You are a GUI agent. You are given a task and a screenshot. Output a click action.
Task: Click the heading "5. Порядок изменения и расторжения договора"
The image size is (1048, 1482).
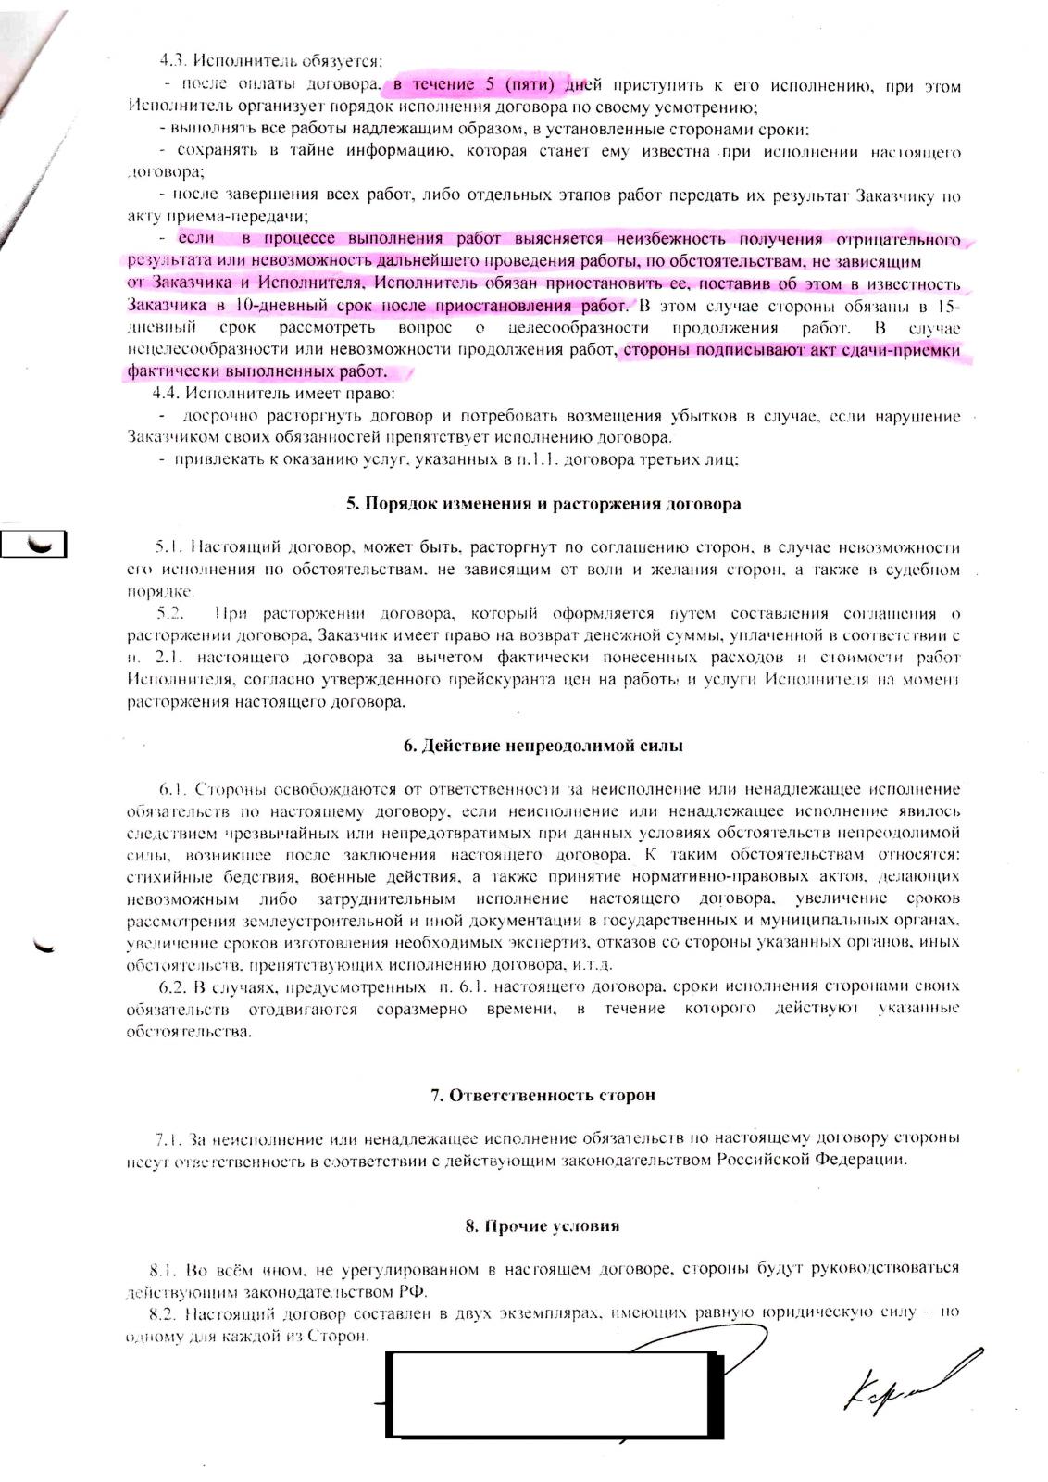(x=543, y=505)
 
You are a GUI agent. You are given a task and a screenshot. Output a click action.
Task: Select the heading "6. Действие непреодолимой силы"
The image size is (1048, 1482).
(x=543, y=746)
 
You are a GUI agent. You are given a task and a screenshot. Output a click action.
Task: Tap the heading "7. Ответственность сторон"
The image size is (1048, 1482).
(x=543, y=1095)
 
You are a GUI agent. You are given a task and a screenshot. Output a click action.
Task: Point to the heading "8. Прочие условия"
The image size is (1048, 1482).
(x=542, y=1225)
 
